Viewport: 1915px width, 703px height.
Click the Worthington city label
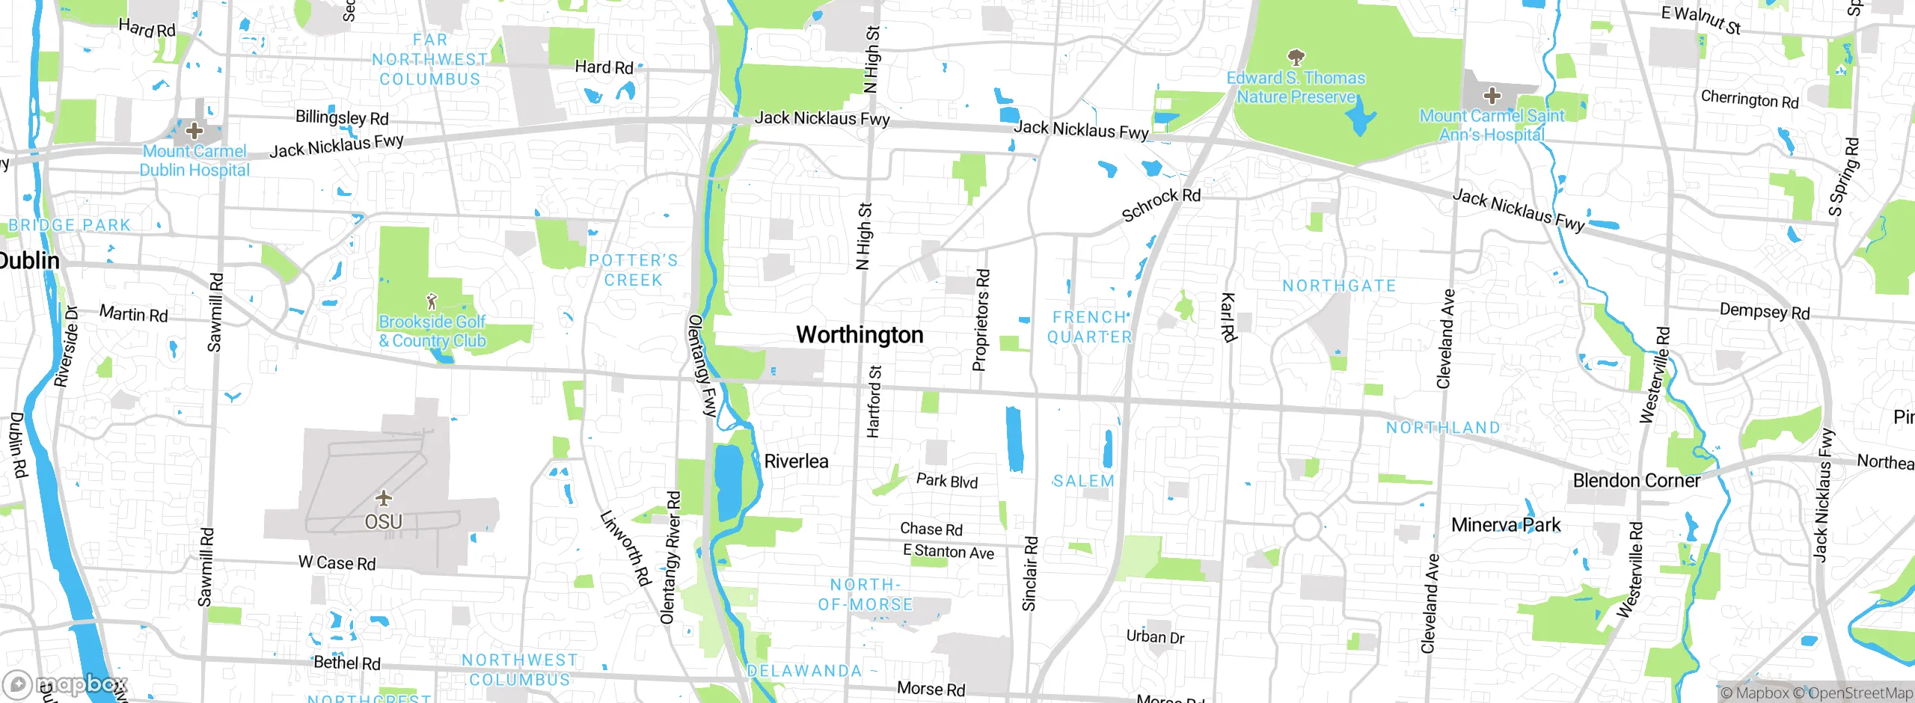pos(860,334)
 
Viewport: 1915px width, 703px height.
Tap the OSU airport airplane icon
pos(384,498)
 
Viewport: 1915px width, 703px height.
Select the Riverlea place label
pos(796,461)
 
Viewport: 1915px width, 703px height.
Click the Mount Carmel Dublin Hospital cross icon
pos(194,131)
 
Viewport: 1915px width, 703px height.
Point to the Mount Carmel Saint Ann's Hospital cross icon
pos(1492,96)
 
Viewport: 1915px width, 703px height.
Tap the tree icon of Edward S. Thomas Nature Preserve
pos(1296,58)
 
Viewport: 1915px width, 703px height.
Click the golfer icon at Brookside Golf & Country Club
pos(432,301)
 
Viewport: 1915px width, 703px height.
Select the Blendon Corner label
pos(1636,480)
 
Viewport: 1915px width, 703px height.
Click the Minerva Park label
pos(1505,525)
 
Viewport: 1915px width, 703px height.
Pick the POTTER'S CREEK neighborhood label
pos(633,270)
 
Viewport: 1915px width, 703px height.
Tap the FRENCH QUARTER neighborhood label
pos(1089,327)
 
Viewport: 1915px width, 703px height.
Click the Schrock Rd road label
pos(1161,204)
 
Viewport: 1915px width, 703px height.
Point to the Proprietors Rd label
pos(981,320)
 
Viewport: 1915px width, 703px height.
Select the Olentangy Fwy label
pos(702,365)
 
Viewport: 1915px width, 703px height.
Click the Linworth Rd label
pos(625,547)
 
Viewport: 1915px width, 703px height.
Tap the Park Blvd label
pos(947,481)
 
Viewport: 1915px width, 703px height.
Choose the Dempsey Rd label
pos(1764,311)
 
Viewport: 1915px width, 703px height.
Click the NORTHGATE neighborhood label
pos(1338,286)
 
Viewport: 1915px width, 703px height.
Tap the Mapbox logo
pos(66,684)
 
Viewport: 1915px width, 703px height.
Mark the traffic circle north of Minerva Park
pos(1306,527)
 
